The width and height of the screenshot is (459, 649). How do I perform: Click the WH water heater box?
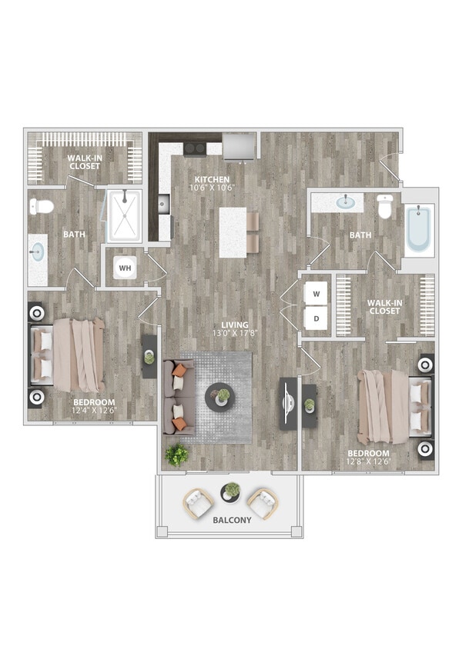tap(126, 268)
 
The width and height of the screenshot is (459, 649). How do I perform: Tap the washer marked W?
tap(317, 293)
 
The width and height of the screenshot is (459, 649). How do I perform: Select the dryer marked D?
tap(317, 318)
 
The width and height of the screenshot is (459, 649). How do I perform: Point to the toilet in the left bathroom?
tap(42, 206)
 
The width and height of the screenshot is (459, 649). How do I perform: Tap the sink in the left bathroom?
tap(38, 252)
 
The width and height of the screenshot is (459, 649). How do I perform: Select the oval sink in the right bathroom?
tap(347, 203)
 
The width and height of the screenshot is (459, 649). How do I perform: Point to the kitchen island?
tap(233, 232)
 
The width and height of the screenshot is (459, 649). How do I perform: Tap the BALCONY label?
tap(230, 521)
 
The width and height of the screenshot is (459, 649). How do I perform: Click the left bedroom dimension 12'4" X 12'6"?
tap(94, 411)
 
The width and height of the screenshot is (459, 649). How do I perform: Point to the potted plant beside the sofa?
tap(177, 454)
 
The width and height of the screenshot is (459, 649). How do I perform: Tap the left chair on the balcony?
tap(199, 504)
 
